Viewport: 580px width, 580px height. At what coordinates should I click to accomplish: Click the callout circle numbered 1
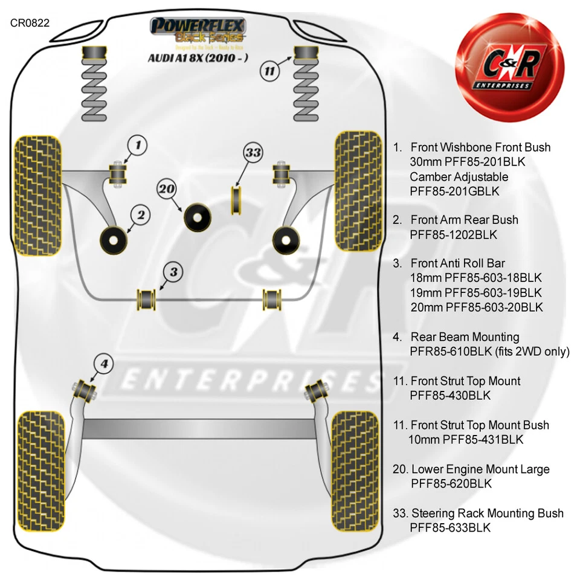coord(138,144)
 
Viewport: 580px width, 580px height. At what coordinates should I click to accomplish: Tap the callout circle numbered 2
coord(140,214)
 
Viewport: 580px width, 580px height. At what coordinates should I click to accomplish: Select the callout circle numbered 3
coord(173,272)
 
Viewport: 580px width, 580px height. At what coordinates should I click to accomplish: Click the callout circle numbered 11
coord(270,71)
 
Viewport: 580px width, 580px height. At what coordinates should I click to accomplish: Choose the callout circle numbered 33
coord(253,153)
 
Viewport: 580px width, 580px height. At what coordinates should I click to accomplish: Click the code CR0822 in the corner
coord(30,23)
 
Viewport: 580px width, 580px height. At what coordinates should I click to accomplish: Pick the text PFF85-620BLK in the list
coord(450,483)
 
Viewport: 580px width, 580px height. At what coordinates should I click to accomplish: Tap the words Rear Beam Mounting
coord(465,337)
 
